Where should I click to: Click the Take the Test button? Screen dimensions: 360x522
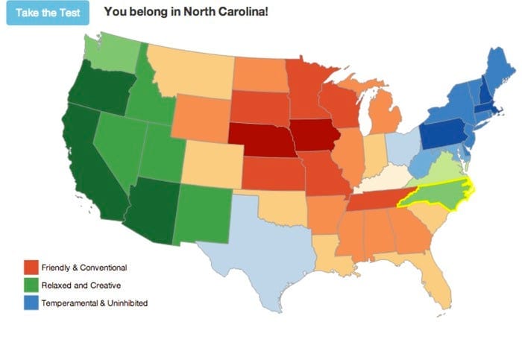click(48, 13)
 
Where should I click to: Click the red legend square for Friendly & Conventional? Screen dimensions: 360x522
click(31, 267)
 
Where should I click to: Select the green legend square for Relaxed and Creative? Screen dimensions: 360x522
click(31, 285)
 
